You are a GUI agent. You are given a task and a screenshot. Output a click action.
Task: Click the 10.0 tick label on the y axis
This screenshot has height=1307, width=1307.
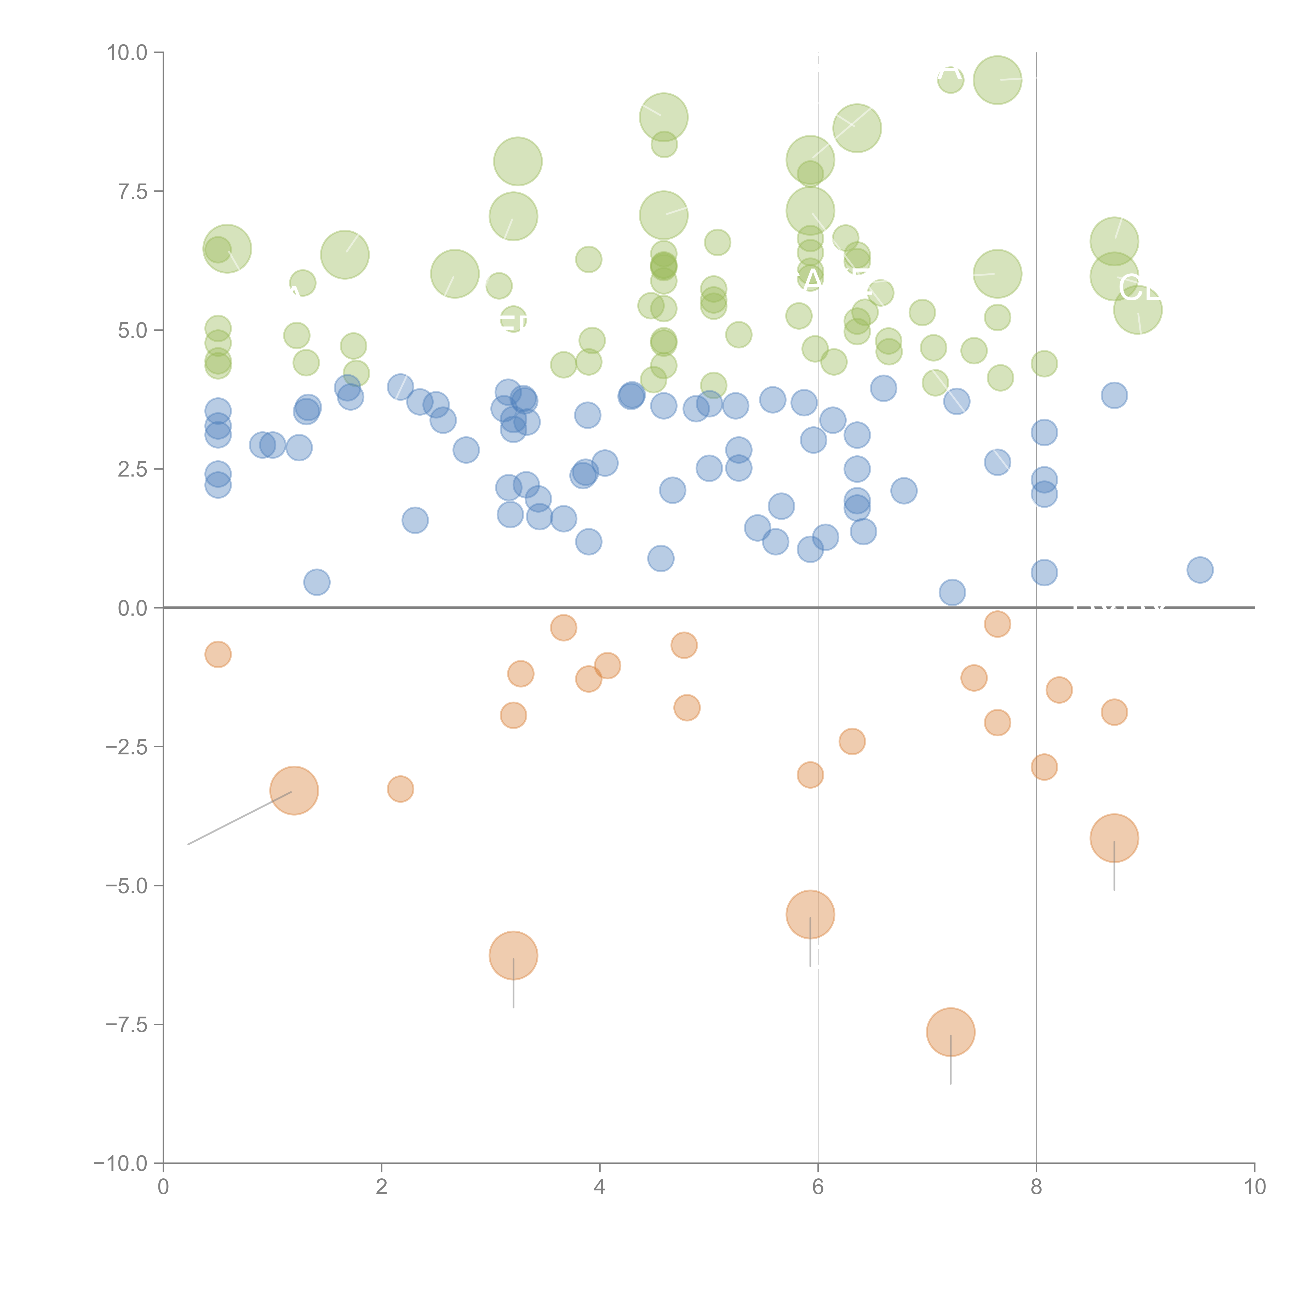pos(127,53)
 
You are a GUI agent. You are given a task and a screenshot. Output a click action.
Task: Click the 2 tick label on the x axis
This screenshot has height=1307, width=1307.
pos(382,1188)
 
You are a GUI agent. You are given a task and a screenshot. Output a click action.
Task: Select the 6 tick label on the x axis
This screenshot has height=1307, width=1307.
pos(818,1188)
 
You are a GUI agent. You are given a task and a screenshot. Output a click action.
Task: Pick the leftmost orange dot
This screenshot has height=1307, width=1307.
pos(218,654)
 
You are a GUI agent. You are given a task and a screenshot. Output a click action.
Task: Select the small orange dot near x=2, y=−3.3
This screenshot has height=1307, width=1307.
pos(400,789)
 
